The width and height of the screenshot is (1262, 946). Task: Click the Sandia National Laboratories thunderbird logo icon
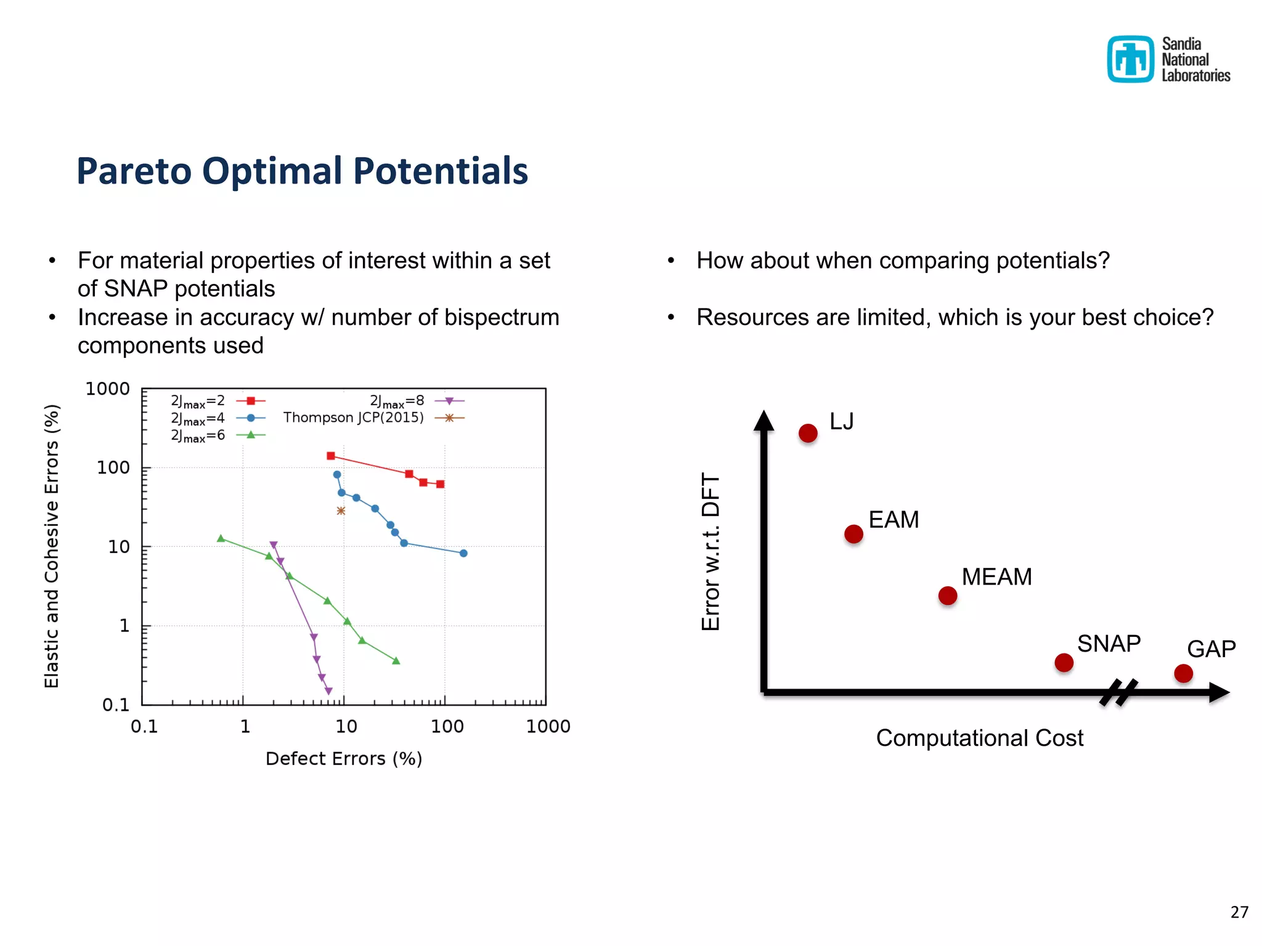point(1130,59)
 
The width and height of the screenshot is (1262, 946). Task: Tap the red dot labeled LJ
point(808,433)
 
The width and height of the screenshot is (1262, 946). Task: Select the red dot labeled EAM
point(853,534)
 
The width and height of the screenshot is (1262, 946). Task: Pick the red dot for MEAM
point(947,596)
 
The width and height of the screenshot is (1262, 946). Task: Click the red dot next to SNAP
point(1064,663)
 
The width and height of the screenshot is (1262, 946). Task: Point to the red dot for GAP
point(1183,673)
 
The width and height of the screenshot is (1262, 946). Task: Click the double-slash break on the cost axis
point(1118,692)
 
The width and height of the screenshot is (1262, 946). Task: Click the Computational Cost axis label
point(979,738)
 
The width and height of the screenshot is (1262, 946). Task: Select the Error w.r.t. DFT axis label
point(710,552)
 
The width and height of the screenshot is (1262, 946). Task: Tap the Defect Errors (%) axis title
point(343,759)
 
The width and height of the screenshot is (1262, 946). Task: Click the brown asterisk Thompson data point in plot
point(341,511)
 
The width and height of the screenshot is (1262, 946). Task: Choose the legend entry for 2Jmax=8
point(416,401)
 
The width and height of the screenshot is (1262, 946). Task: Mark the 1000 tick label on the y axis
point(107,389)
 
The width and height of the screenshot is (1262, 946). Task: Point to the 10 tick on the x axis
point(346,726)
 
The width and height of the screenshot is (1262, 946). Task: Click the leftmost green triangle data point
point(221,538)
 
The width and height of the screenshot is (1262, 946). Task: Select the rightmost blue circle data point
point(463,553)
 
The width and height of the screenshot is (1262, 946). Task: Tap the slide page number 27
point(1239,912)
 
